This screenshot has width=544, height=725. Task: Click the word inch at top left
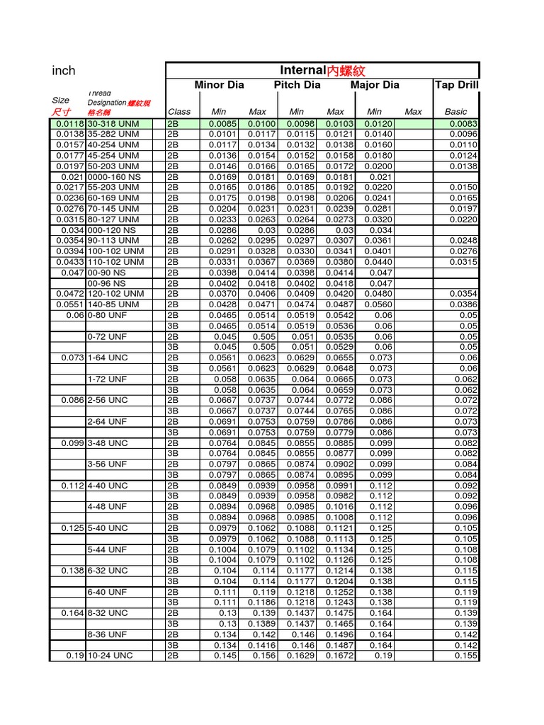pyautogui.click(x=64, y=71)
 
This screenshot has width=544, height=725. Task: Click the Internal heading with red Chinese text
pyautogui.click(x=323, y=70)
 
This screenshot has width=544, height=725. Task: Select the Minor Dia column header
pyautogui.click(x=219, y=85)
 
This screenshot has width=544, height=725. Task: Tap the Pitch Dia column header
pyautogui.click(x=297, y=85)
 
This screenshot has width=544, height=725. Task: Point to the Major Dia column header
pyautogui.click(x=375, y=85)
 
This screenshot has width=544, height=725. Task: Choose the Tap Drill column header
pyautogui.click(x=456, y=85)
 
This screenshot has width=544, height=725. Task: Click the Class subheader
pyautogui.click(x=179, y=111)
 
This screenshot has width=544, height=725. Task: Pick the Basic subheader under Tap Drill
pyautogui.click(x=455, y=111)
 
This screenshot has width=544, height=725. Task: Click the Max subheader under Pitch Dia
pyautogui.click(x=335, y=111)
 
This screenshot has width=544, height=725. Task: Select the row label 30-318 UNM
pyautogui.click(x=113, y=123)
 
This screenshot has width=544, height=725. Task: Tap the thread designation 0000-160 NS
pyautogui.click(x=114, y=176)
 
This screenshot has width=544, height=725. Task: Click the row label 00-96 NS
pyautogui.click(x=107, y=283)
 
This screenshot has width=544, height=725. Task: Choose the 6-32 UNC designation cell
pyautogui.click(x=108, y=571)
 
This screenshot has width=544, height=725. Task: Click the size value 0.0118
pyautogui.click(x=70, y=123)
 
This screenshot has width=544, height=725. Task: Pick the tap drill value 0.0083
pyautogui.click(x=464, y=123)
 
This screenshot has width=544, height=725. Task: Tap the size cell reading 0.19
pyautogui.click(x=75, y=656)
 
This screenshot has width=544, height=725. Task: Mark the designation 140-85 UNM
pyautogui.click(x=114, y=304)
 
